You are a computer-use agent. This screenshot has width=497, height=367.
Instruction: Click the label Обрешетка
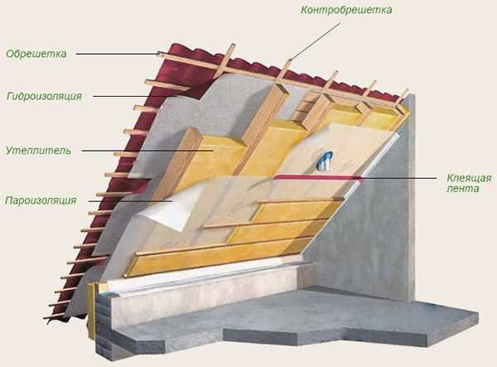pos(36,54)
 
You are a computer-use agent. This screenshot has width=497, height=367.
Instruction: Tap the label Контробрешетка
pos(346,10)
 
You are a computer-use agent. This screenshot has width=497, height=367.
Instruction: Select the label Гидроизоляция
pos(45,96)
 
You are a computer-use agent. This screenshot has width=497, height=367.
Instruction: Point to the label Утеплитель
pos(38,151)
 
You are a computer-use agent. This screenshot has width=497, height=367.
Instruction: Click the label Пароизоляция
pos(41,200)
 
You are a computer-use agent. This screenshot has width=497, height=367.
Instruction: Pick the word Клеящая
pos(469,178)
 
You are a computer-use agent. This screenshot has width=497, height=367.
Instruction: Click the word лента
pos(463,189)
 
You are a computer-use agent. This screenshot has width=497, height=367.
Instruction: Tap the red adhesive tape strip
pos(317,178)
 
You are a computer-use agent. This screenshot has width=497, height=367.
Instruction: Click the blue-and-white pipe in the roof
pos(325,160)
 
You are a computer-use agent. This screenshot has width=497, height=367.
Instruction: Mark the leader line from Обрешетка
pos(118,54)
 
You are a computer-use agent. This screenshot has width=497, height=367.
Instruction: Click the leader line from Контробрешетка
pos(316,41)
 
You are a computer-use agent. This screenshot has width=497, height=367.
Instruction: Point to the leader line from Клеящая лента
pos(398,178)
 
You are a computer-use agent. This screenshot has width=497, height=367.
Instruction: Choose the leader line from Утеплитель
pos(147,151)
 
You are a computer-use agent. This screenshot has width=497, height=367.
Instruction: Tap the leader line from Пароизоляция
pos(130,201)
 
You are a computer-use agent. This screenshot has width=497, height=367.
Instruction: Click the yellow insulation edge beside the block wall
pos(91,311)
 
